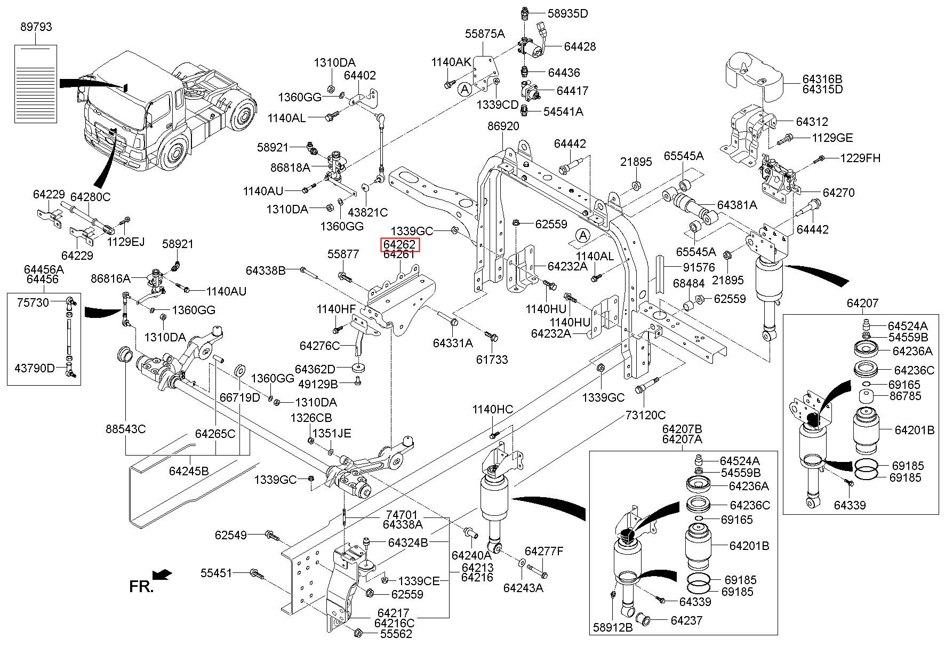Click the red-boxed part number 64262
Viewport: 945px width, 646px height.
pyautogui.click(x=399, y=245)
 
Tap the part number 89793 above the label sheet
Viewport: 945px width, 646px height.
pyautogui.click(x=36, y=27)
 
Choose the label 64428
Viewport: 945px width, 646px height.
pyautogui.click(x=580, y=46)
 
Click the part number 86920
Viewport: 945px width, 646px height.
pyautogui.click(x=503, y=126)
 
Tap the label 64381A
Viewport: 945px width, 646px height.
pyautogui.click(x=736, y=205)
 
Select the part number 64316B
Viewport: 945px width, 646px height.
pyautogui.click(x=822, y=79)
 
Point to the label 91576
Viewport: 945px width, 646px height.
pyautogui.click(x=699, y=267)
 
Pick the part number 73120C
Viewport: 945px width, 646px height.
pyautogui.click(x=645, y=414)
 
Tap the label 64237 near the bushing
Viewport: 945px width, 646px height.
pyautogui.click(x=686, y=620)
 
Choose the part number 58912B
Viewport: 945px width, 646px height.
pyautogui.click(x=613, y=627)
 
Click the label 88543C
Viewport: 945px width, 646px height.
pyautogui.click(x=125, y=429)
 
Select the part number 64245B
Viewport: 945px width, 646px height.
pyautogui.click(x=189, y=471)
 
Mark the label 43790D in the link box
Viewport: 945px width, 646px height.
pyautogui.click(x=35, y=368)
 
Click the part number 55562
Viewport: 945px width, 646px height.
pyautogui.click(x=396, y=634)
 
